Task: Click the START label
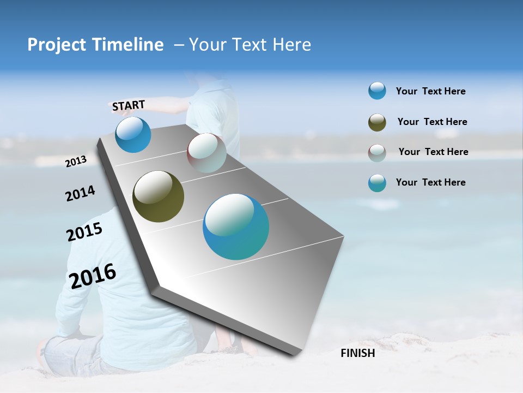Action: [x=129, y=105]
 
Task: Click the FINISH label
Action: [x=358, y=353]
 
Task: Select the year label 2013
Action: [x=76, y=161]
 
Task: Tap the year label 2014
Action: [x=81, y=193]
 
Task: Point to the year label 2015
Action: [x=84, y=232]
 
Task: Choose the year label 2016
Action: [x=93, y=276]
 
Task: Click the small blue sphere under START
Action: [x=133, y=135]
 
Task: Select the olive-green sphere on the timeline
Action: [x=158, y=196]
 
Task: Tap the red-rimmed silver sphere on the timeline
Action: [x=206, y=153]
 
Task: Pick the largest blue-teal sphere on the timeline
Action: [x=236, y=227]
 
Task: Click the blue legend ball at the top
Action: [x=377, y=91]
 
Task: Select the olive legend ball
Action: [x=377, y=122]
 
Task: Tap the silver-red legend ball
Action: [x=377, y=153]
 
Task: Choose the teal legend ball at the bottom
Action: [x=377, y=183]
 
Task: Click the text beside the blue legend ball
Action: [x=431, y=91]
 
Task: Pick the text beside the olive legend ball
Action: [x=433, y=122]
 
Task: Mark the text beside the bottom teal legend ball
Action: [x=431, y=182]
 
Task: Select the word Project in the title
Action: [x=57, y=45]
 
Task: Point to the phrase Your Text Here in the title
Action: [x=250, y=45]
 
